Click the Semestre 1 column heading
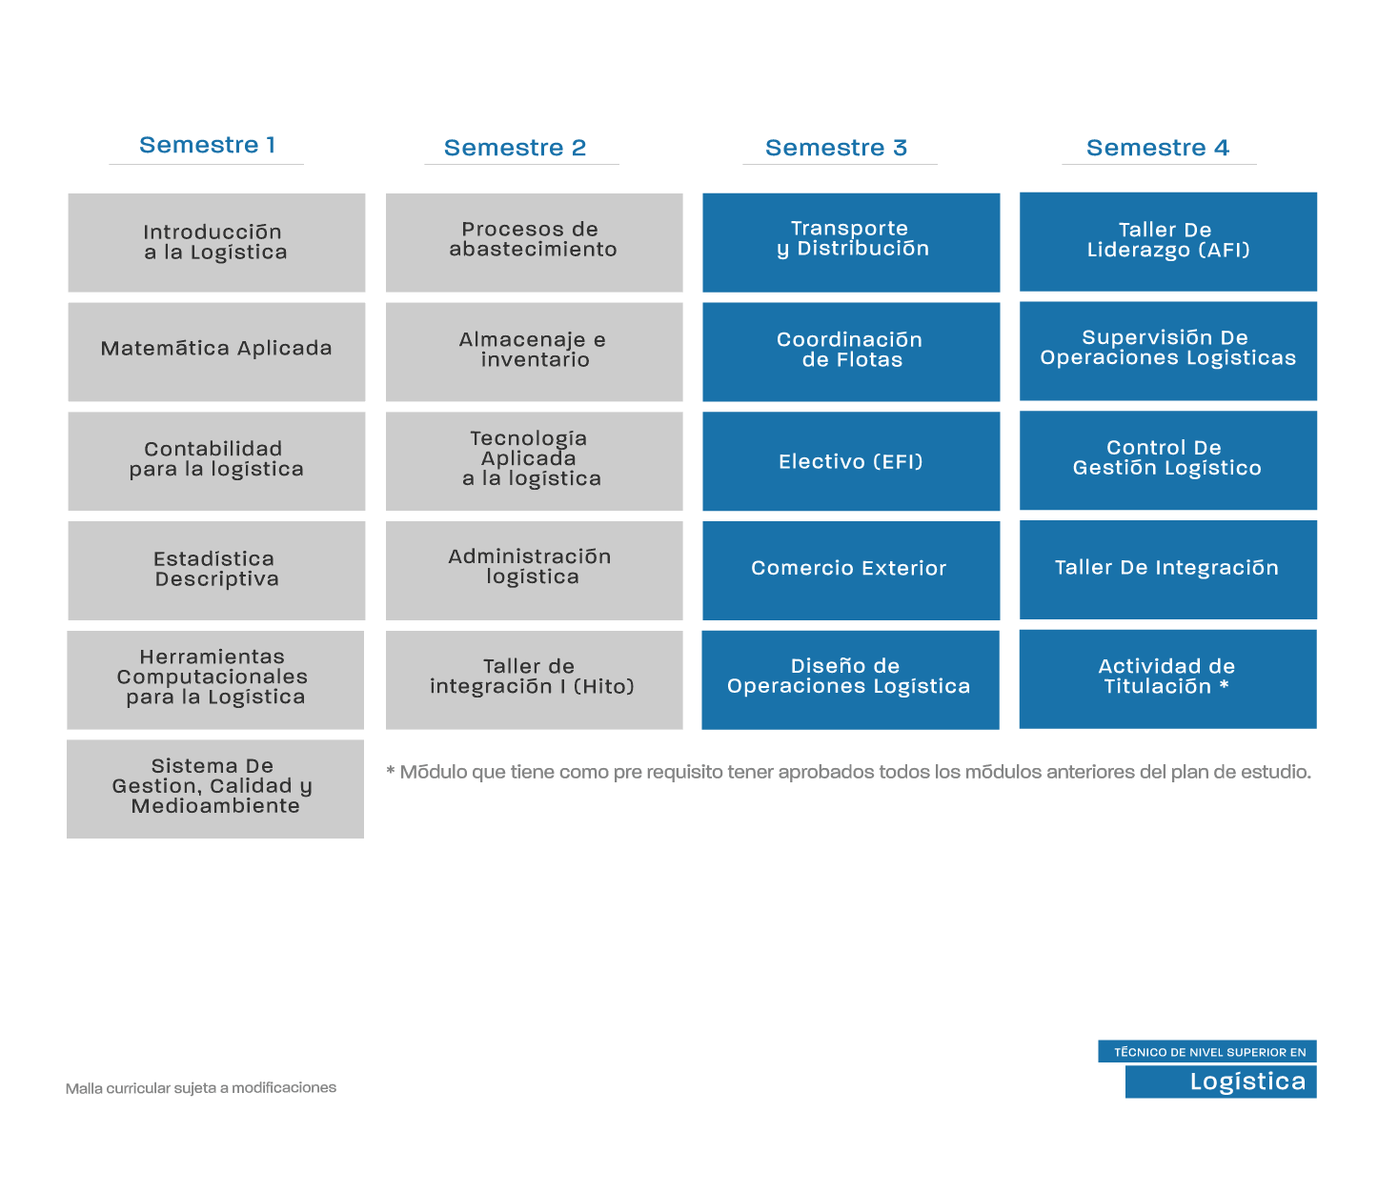208,145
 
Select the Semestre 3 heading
836,148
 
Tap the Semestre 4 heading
1157,148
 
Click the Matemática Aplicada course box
216,352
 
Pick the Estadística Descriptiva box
216,571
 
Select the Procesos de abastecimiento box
534,243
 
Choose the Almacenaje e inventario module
534,352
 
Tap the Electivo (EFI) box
851,461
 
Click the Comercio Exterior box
851,571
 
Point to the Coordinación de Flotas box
851,352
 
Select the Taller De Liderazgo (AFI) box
1168,242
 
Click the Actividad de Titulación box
1168,679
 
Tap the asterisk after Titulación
1224,684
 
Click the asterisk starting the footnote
391,771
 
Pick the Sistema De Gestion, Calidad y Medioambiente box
215,789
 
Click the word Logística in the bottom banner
1247,1081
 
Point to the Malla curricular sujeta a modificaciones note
201,1087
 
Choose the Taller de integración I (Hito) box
534,679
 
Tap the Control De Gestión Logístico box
1168,460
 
